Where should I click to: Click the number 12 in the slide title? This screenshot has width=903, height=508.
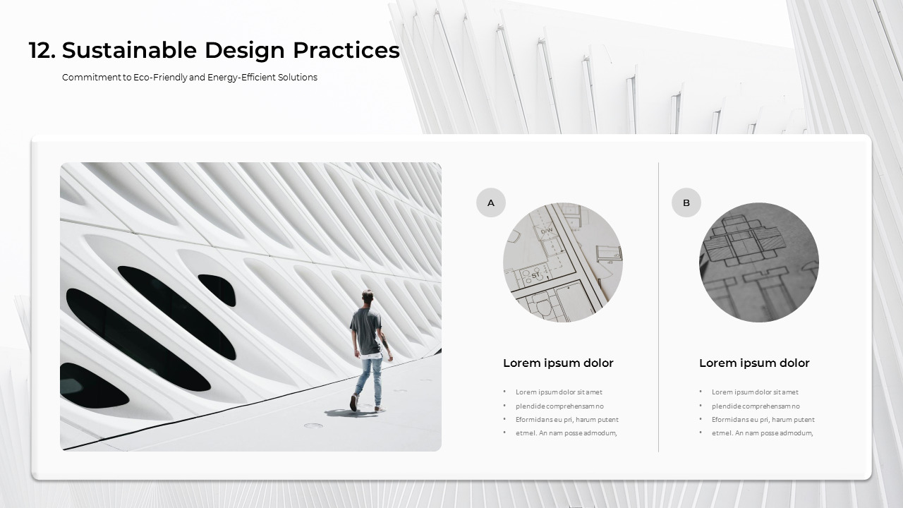(41, 51)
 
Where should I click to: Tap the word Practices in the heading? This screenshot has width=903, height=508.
(346, 51)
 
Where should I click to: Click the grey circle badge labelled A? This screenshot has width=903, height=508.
(491, 202)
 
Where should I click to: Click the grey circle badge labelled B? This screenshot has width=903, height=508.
(686, 202)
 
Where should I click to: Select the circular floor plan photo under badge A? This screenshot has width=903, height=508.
(563, 262)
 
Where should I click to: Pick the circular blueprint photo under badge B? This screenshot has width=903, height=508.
(759, 262)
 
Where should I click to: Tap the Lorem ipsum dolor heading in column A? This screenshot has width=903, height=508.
(558, 363)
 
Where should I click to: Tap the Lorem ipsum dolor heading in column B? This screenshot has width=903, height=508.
(754, 363)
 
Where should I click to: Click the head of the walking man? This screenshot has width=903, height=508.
(367, 296)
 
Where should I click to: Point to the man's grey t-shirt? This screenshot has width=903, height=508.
(366, 332)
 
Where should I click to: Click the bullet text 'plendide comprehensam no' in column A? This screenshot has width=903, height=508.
(559, 406)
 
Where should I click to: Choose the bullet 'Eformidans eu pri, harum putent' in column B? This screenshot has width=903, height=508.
(763, 420)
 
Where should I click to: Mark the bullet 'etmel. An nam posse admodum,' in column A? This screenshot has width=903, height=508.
(566, 433)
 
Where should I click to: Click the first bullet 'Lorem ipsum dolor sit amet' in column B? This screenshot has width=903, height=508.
(755, 392)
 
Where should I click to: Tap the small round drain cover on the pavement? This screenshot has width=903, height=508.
(313, 425)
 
